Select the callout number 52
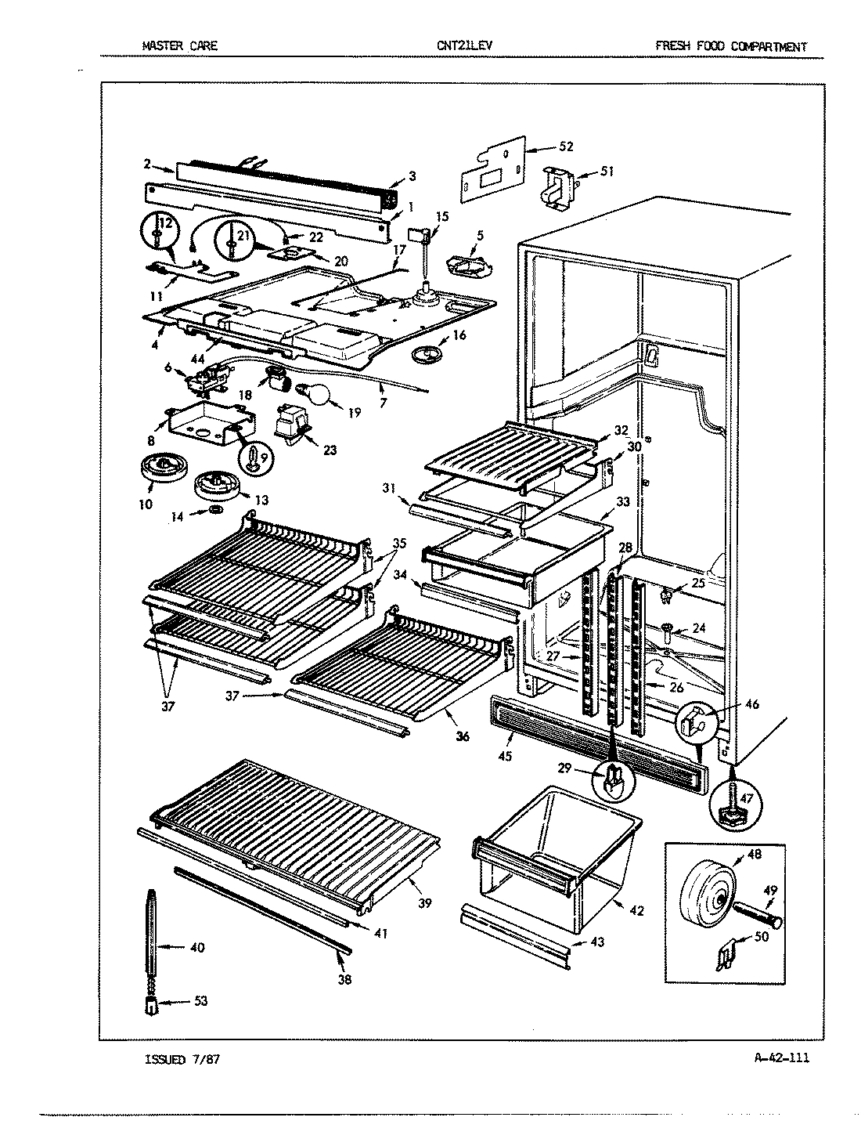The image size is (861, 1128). pyautogui.click(x=567, y=146)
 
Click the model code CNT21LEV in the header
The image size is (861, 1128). pyautogui.click(x=465, y=46)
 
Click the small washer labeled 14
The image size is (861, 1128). pyautogui.click(x=214, y=511)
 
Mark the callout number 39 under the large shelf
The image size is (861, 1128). pyautogui.click(x=425, y=903)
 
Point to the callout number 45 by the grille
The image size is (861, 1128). pyautogui.click(x=505, y=756)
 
